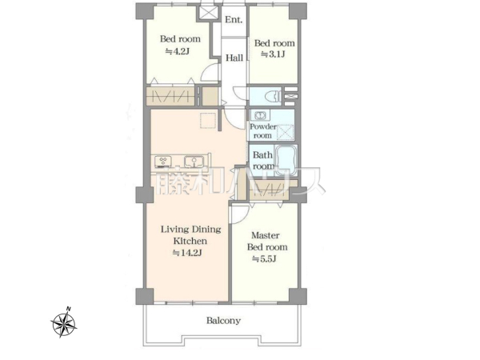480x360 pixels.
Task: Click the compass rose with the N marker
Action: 64,322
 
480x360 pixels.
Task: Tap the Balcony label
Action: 223,321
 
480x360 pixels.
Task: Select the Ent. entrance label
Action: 234,20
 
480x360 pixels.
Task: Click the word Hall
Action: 234,58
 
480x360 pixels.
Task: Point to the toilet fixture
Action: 274,95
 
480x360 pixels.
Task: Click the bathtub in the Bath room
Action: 286,160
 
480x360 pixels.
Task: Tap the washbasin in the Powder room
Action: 260,116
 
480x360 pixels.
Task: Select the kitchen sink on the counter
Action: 194,162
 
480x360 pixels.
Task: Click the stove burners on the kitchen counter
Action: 163,162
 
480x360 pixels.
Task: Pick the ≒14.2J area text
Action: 187,253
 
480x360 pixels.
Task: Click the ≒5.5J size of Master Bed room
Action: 264,259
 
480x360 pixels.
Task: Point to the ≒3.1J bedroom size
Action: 273,54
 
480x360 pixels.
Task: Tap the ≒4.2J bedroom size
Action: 177,51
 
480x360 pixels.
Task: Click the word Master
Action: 266,235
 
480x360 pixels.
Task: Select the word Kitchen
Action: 190,241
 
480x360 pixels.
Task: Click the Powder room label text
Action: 262,131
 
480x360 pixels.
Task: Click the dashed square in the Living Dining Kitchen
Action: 208,121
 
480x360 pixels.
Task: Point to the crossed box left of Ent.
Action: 206,13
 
